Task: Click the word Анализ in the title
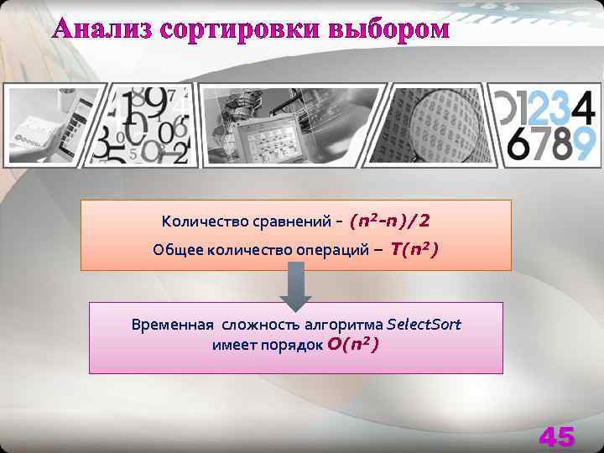[x=103, y=29]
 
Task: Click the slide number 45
[x=557, y=436]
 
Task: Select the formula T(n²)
[x=414, y=249]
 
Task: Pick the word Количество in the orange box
[x=200, y=222]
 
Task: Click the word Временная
[x=172, y=325]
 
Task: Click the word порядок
[x=291, y=345]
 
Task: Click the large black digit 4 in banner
[x=584, y=107]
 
